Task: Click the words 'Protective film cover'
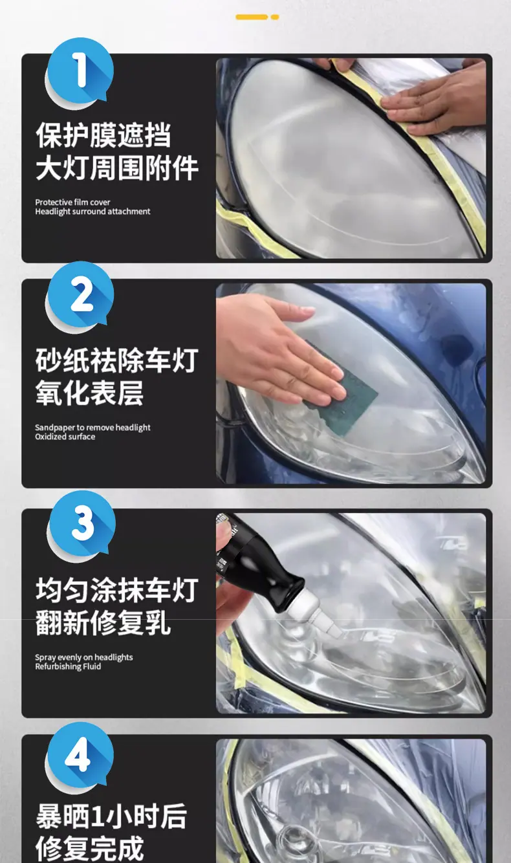[x=72, y=202]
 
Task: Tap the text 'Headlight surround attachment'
[x=92, y=212]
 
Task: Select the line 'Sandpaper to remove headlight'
[x=92, y=428]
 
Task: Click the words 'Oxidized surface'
[x=65, y=437]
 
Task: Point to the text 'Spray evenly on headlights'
[x=84, y=657]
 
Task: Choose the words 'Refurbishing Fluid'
[x=68, y=666]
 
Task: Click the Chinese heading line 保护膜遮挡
[x=103, y=135]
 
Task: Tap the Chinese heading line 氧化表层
[x=89, y=393]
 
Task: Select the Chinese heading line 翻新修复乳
[x=103, y=622]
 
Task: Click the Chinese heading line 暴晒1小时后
[x=111, y=816]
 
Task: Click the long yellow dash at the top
[x=252, y=17]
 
